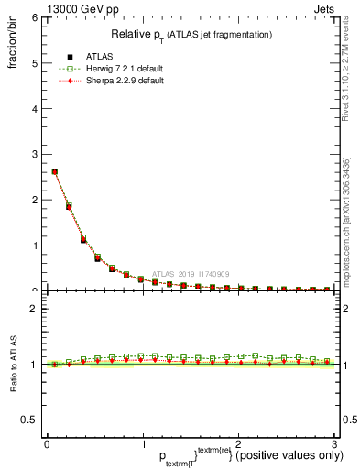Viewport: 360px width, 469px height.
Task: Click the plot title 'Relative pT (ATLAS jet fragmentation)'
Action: click(x=191, y=34)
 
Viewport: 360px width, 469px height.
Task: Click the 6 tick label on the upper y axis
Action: click(x=33, y=17)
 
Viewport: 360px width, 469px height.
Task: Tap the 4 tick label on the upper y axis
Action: click(x=33, y=108)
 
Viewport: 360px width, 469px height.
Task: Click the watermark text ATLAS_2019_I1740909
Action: click(x=190, y=273)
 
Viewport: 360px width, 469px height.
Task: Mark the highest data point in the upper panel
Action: click(x=55, y=171)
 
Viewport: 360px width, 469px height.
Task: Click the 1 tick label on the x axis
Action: click(x=142, y=444)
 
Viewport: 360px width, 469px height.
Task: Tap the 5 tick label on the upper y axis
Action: click(x=33, y=62)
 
